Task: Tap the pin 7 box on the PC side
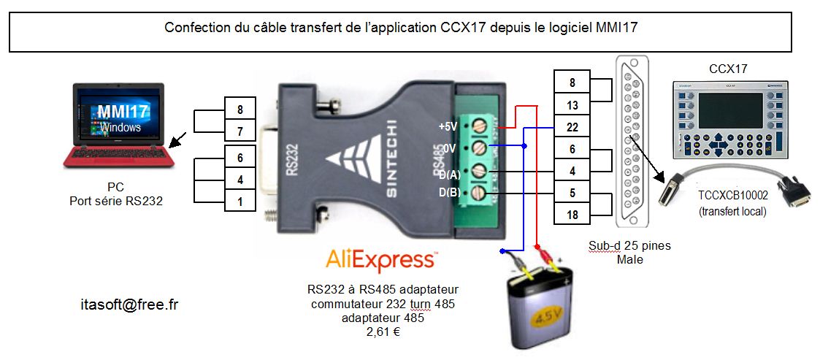[240, 132]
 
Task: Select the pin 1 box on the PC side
[240, 200]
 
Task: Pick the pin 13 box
[572, 104]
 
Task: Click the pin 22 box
[572, 127]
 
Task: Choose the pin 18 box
[572, 215]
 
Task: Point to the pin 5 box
[572, 193]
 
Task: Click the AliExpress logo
[380, 260]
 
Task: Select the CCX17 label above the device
[728, 69]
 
